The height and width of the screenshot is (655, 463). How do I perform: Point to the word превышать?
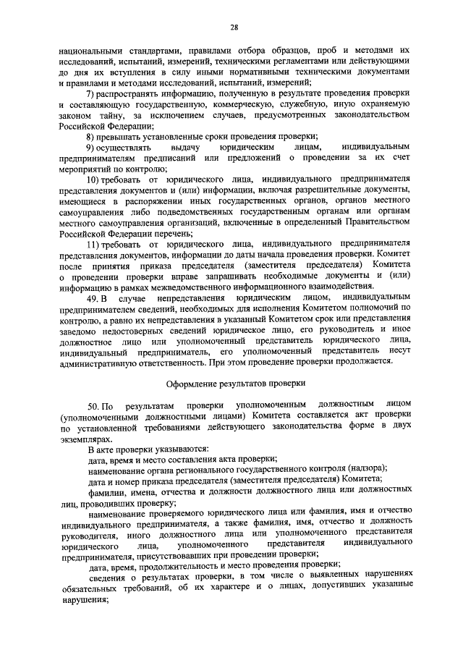(x=124, y=138)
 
